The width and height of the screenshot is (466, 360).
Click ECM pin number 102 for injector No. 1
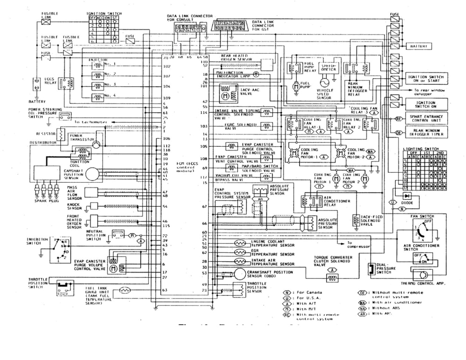click(x=164, y=66)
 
